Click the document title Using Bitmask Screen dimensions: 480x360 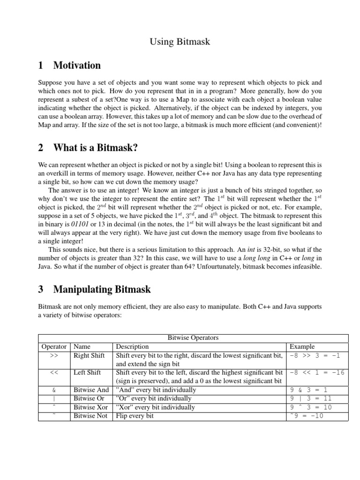coord(180,42)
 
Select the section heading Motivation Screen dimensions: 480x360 coord(77,65)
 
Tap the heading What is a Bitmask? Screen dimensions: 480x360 coord(95,148)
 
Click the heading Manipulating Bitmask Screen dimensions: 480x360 coord(102,289)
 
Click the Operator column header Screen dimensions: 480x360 coord(54,346)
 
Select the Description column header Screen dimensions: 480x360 coord(132,346)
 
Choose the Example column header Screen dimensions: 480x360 coord(302,346)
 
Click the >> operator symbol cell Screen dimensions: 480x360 coord(54,355)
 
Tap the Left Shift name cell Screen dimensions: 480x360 coord(87,372)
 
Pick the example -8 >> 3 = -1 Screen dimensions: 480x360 coord(315,355)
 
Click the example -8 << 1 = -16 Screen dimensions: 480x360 coord(317,372)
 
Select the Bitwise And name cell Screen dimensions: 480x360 coord(91,390)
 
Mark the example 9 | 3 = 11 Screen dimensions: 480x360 coord(310,398)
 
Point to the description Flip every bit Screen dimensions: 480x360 coord(135,416)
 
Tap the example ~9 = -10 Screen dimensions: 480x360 coord(307,416)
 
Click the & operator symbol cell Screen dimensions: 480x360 coord(54,390)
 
